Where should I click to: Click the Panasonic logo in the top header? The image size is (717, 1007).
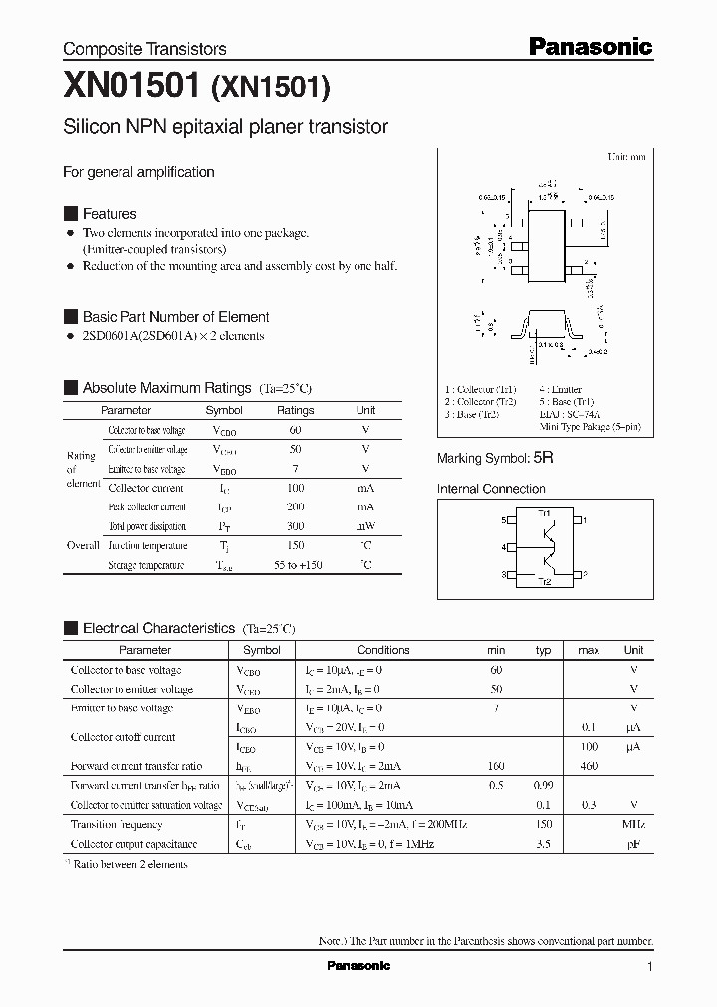click(x=590, y=46)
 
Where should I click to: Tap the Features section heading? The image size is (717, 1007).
click(x=109, y=214)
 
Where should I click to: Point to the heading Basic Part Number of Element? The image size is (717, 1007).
click(x=175, y=317)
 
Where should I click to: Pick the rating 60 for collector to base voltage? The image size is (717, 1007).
click(x=295, y=430)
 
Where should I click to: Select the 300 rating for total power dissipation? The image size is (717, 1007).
click(x=295, y=526)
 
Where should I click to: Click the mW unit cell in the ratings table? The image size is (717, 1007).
click(x=365, y=526)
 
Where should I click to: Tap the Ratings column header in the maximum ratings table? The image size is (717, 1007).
click(x=295, y=410)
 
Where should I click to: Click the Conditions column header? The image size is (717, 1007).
click(x=383, y=650)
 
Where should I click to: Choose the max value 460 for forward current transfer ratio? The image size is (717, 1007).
click(x=589, y=766)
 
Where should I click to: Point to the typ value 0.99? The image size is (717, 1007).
click(x=543, y=786)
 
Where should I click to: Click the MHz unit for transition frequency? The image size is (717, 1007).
click(x=633, y=825)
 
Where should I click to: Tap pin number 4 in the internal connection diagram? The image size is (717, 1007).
click(x=504, y=547)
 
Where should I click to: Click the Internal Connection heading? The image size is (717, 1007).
click(x=491, y=489)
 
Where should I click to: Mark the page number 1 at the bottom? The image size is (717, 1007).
click(x=649, y=966)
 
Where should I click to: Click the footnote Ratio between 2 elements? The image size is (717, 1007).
click(x=129, y=864)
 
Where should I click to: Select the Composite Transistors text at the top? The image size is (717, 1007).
click(x=144, y=49)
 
